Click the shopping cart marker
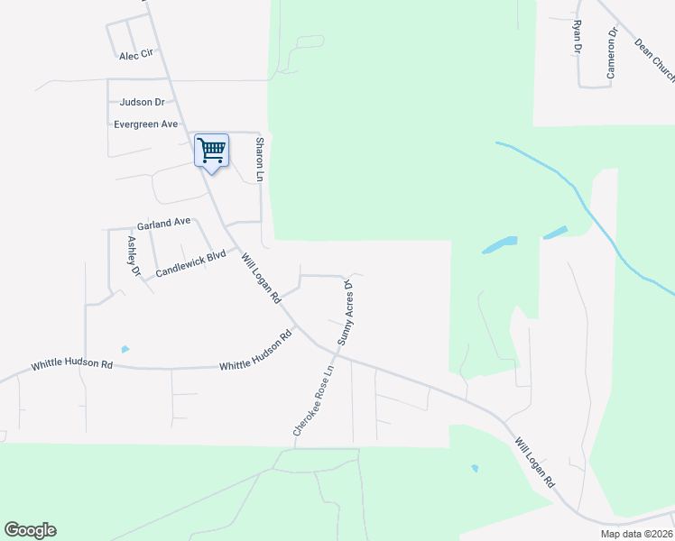211,151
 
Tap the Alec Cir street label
137,55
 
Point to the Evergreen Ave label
145,124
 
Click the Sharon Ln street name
259,160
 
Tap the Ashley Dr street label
134,256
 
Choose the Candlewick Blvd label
190,263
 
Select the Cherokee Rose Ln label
312,401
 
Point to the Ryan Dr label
576,37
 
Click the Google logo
30,530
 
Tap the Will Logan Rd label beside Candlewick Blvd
262,277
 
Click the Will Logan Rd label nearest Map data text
536,463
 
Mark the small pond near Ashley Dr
125,349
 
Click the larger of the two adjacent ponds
500,244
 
